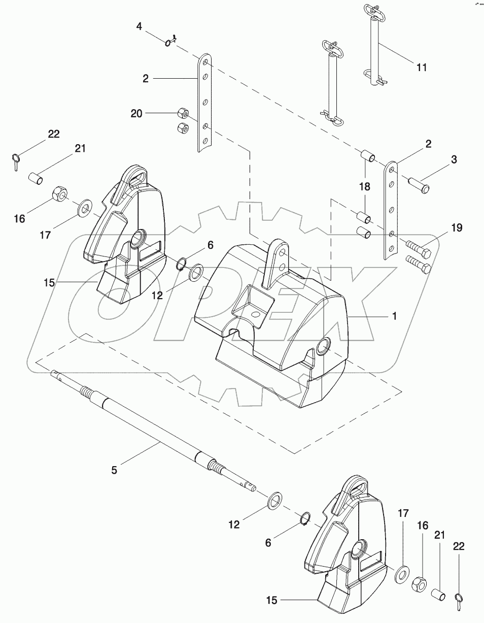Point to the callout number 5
click(114, 470)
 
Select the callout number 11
click(422, 67)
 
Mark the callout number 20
click(136, 114)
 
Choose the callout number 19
click(457, 228)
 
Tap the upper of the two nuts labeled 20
click(184, 113)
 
